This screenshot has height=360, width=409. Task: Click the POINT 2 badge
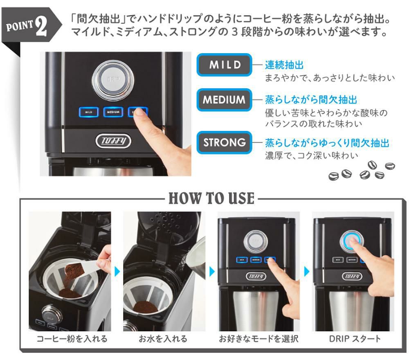pyautogui.click(x=29, y=27)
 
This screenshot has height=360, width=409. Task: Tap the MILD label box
pyautogui.click(x=225, y=65)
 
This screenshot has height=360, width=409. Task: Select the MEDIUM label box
pyautogui.click(x=225, y=99)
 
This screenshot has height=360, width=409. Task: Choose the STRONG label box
pyautogui.click(x=225, y=142)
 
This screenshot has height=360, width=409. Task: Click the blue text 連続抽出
pyautogui.click(x=284, y=65)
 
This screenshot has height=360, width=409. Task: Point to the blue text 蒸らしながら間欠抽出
pyautogui.click(x=311, y=100)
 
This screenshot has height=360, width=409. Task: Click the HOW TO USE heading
pyautogui.click(x=211, y=198)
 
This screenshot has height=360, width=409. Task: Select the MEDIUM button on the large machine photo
pyautogui.click(x=113, y=112)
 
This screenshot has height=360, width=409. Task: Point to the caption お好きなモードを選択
pyautogui.click(x=258, y=339)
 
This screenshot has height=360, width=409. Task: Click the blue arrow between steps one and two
pyautogui.click(x=117, y=271)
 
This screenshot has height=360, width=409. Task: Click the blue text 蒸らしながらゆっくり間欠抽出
pyautogui.click(x=327, y=143)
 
